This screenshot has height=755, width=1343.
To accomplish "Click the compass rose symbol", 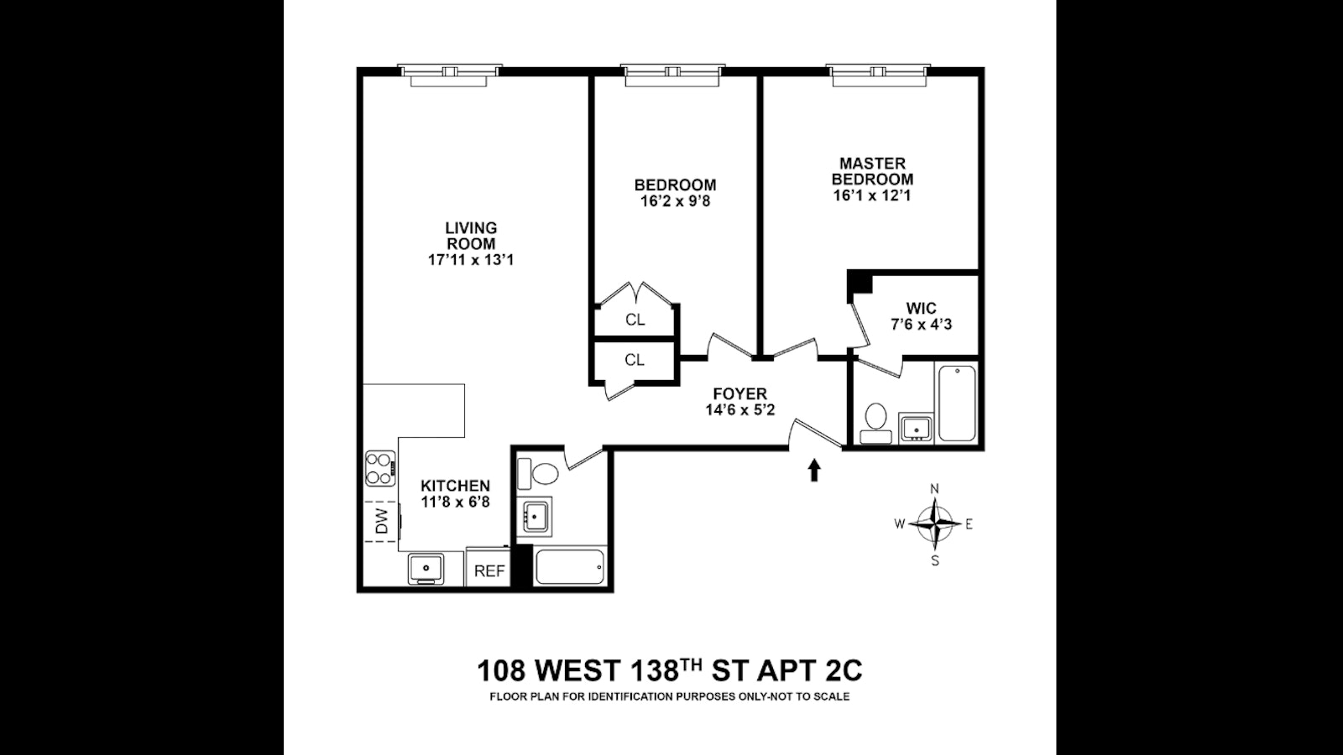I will tap(934, 523).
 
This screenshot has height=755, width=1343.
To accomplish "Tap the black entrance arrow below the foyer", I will tap(813, 471).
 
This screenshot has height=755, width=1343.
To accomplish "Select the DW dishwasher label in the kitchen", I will tap(382, 521).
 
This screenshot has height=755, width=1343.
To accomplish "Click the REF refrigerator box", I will tap(489, 570).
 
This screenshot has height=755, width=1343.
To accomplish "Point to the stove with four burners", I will tap(380, 469).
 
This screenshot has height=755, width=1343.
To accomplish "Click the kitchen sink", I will tap(426, 569).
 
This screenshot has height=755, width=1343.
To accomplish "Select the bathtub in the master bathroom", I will tap(956, 403).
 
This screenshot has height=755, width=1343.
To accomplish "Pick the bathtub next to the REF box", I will tap(569, 567).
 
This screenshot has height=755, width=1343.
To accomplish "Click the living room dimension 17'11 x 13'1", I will tap(471, 260).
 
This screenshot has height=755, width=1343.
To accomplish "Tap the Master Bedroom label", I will tap(872, 171).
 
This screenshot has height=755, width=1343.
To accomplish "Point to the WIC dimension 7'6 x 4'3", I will tap(921, 325).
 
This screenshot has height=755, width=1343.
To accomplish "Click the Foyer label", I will tap(739, 393).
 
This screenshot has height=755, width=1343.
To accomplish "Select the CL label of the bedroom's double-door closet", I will tap(635, 320).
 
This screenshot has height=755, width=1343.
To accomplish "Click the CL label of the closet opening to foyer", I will tap(635, 360).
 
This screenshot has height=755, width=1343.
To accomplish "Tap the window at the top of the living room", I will tap(449, 75).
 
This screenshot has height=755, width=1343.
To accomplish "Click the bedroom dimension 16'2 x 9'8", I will tap(675, 201).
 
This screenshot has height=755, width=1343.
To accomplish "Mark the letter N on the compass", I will tap(934, 489).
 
